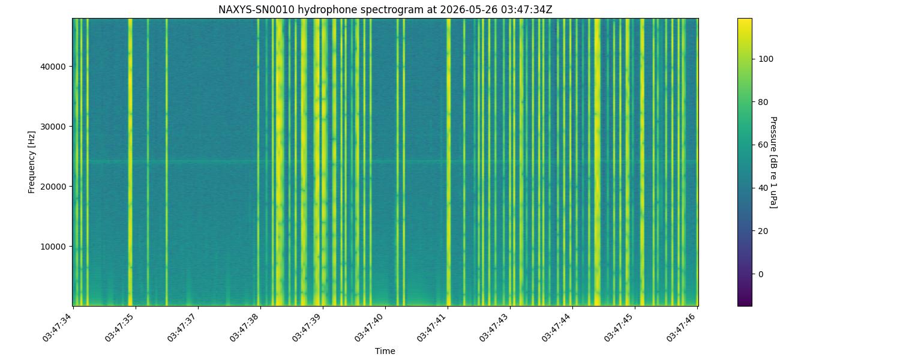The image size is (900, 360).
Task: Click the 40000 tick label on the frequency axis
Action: point(53,67)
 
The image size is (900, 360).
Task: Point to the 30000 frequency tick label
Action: point(53,127)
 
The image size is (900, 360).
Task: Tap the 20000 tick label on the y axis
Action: point(53,187)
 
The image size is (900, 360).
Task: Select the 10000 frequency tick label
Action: point(53,247)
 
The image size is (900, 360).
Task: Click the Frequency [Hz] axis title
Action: point(31,162)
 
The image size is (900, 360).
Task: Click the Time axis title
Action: point(385,351)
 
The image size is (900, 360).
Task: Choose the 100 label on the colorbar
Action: point(766,59)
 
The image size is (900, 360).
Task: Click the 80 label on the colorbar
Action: point(763,102)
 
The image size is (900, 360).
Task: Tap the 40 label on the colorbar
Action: point(763,188)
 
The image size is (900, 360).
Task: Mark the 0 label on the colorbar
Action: point(761,274)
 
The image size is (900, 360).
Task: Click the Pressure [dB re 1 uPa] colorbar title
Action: point(773,163)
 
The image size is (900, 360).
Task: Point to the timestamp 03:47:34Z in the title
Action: point(527,10)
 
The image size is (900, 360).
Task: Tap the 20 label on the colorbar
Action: point(763,231)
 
